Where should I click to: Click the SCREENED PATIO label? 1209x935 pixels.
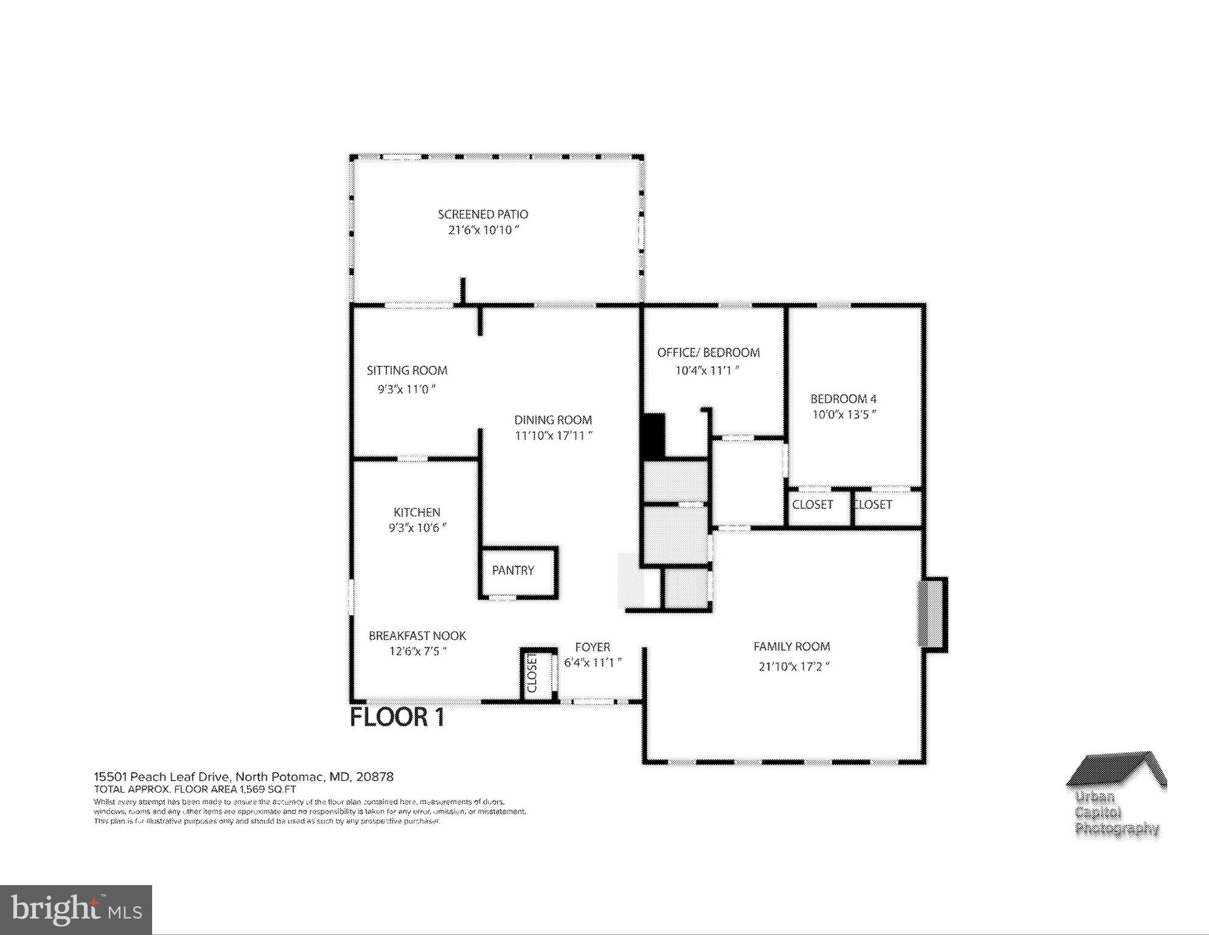[483, 214]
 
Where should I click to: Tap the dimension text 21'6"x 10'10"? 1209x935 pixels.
[483, 230]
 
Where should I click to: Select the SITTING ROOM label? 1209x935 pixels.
[406, 370]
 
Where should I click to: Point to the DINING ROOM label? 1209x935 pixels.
[552, 419]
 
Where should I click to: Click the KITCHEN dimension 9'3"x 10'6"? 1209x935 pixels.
[417, 528]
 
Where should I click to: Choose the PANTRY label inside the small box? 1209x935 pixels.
[512, 570]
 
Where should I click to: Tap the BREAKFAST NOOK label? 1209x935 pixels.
[417, 636]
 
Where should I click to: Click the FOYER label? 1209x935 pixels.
[592, 647]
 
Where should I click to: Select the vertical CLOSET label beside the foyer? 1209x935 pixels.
[531, 673]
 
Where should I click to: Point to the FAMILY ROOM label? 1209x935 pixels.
[791, 646]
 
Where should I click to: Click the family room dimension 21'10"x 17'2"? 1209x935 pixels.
[793, 667]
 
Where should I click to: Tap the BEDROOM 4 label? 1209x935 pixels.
[843, 399]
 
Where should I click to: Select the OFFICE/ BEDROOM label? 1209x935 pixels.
[708, 352]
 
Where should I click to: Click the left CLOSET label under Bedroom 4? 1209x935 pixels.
[812, 505]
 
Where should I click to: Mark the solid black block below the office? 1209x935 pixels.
[654, 435]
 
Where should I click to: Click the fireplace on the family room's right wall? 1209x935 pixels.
[931, 614]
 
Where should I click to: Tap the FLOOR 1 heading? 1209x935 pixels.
[397, 717]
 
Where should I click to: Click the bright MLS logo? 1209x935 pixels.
[76, 909]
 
